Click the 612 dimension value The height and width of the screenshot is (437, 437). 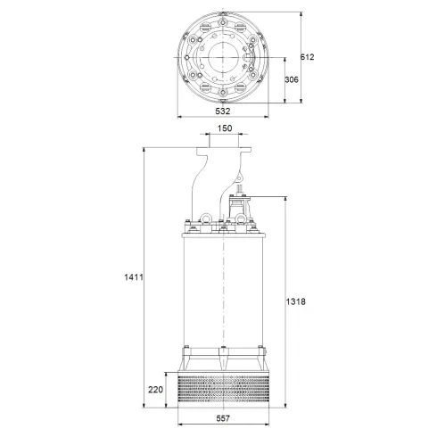[308, 56]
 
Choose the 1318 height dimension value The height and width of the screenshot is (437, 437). [297, 302]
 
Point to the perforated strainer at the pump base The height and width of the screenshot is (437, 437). [225, 388]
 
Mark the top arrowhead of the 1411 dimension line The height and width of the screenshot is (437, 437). [143, 148]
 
